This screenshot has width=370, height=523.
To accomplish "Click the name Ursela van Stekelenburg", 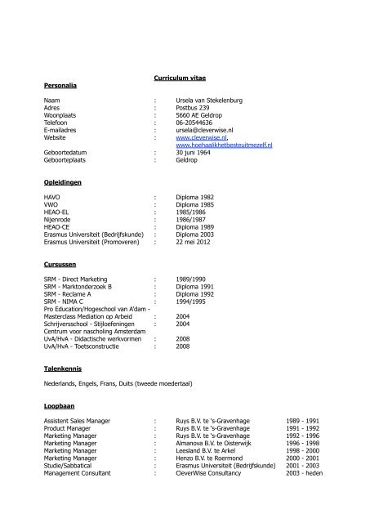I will coord(210,101).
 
